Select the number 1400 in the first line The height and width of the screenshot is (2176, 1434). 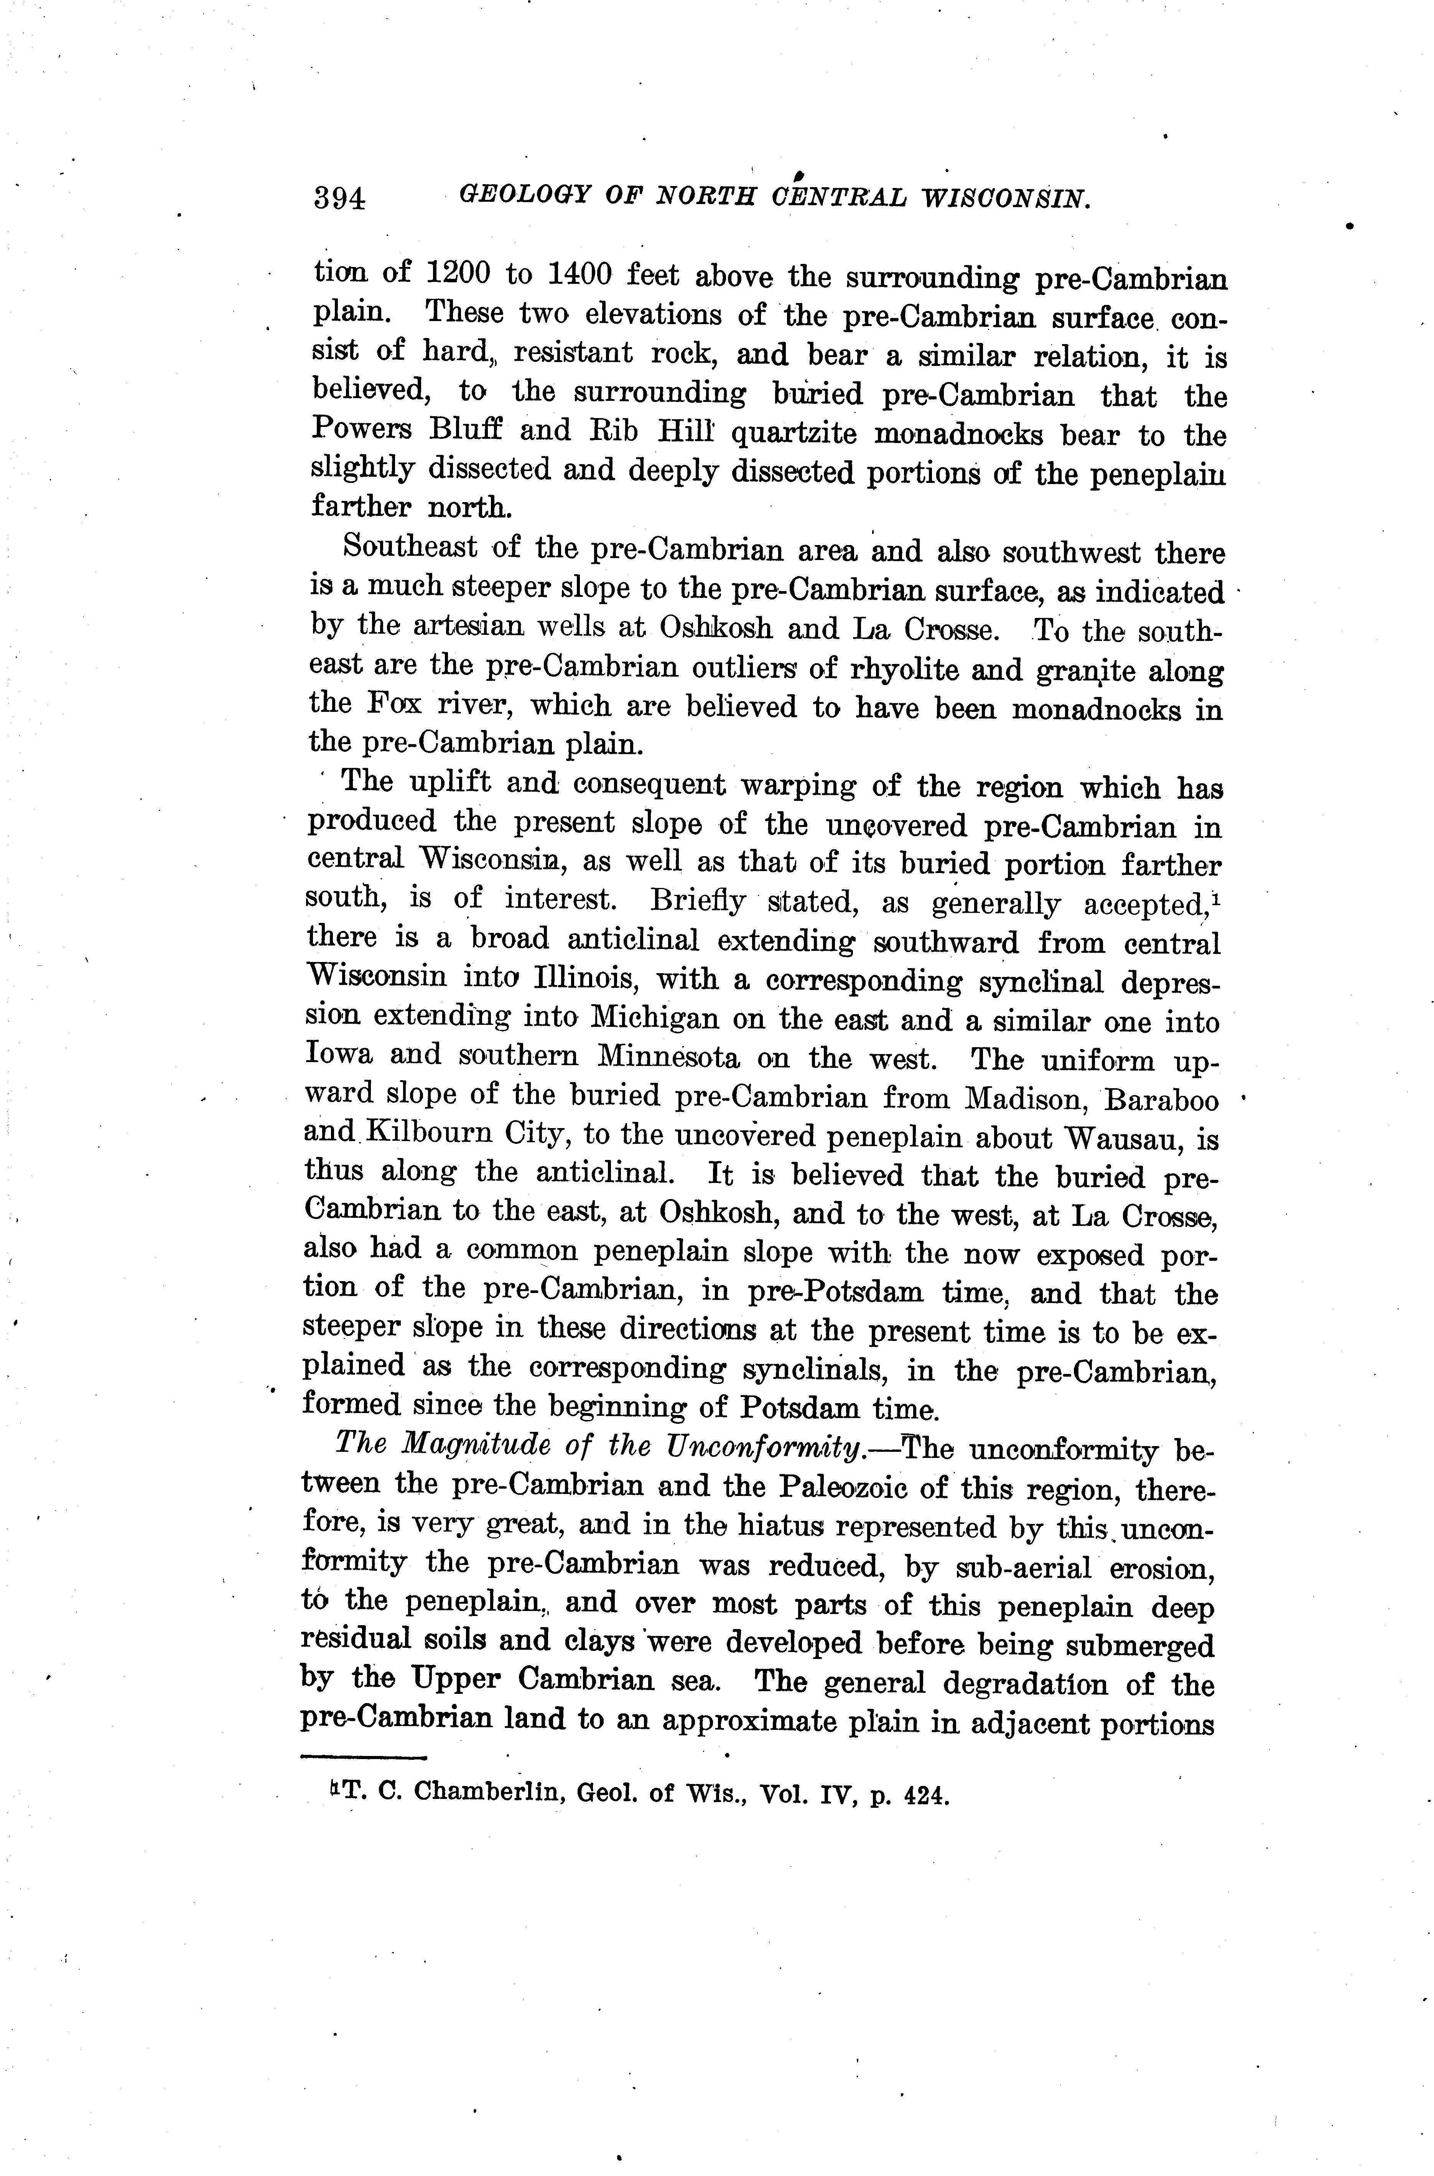[586, 274]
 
